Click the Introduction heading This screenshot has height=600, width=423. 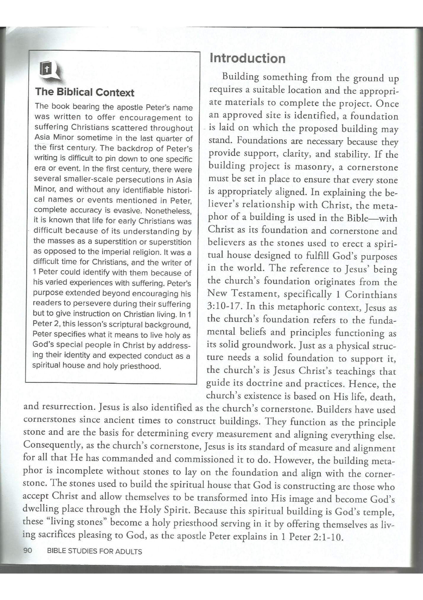(247, 58)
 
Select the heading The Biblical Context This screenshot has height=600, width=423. (85, 92)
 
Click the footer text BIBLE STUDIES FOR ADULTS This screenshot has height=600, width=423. (94, 551)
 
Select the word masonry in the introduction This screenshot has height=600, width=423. (311, 167)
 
